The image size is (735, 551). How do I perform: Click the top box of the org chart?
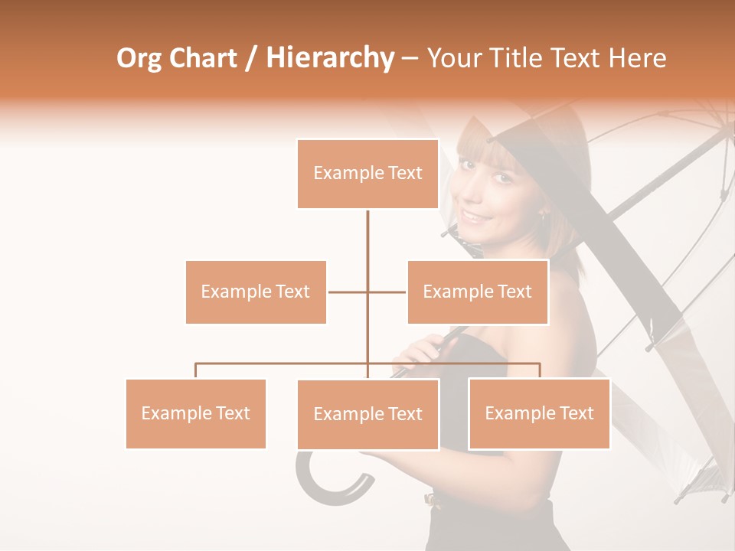(x=367, y=174)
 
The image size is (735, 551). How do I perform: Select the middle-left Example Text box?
(x=256, y=292)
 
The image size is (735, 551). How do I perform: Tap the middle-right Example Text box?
(x=477, y=292)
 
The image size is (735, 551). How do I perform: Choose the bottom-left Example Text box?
(x=195, y=413)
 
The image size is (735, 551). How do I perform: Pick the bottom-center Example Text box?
(x=367, y=414)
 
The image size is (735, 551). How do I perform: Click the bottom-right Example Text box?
(x=539, y=413)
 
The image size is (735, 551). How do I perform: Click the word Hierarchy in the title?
(x=329, y=58)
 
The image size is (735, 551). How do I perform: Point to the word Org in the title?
(x=139, y=58)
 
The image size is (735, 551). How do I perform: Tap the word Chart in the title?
(x=203, y=58)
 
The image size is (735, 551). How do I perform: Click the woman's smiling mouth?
(x=476, y=217)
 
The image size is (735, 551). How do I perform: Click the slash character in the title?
(x=251, y=58)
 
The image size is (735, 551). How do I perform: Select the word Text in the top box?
(x=404, y=173)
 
